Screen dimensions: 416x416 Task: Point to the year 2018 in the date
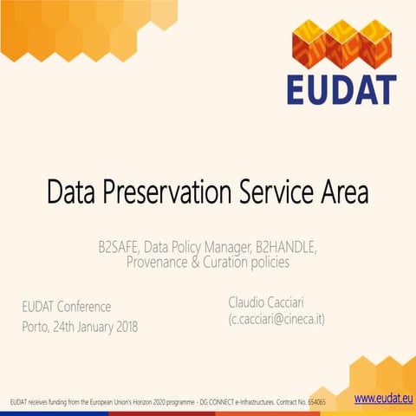point(123,327)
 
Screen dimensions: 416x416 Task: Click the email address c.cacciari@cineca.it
point(276,320)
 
